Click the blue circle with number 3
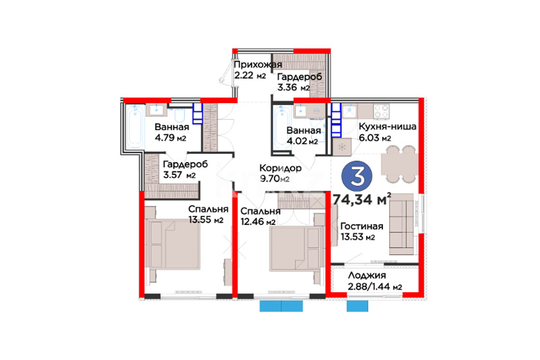point(357,176)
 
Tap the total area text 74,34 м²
point(362,200)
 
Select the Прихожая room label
point(258,64)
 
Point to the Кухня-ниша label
point(388,126)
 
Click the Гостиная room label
point(362,226)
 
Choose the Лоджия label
point(367,275)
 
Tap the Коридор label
point(280,168)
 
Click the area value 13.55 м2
point(206,219)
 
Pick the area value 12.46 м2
point(258,222)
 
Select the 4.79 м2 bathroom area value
point(171,138)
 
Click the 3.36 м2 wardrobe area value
point(294,87)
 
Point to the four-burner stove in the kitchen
point(382,111)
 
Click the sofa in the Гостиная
point(401,224)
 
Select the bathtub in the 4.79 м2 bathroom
point(135,126)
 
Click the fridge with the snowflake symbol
point(342,147)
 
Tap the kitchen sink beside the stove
point(350,111)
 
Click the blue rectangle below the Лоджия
point(357,306)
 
